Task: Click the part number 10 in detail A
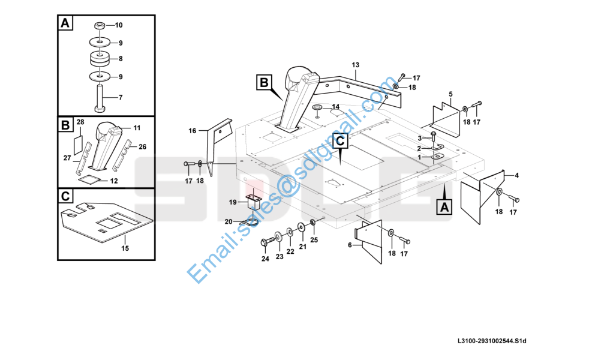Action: [x=119, y=25]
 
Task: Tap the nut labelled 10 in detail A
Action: [x=100, y=26]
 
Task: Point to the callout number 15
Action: [x=125, y=247]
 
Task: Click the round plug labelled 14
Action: [x=317, y=107]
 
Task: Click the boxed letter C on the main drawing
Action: [x=339, y=141]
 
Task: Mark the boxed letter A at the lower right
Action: [x=443, y=207]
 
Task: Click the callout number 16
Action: [x=193, y=131]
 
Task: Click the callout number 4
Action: [x=517, y=175]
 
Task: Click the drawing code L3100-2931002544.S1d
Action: [x=491, y=341]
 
